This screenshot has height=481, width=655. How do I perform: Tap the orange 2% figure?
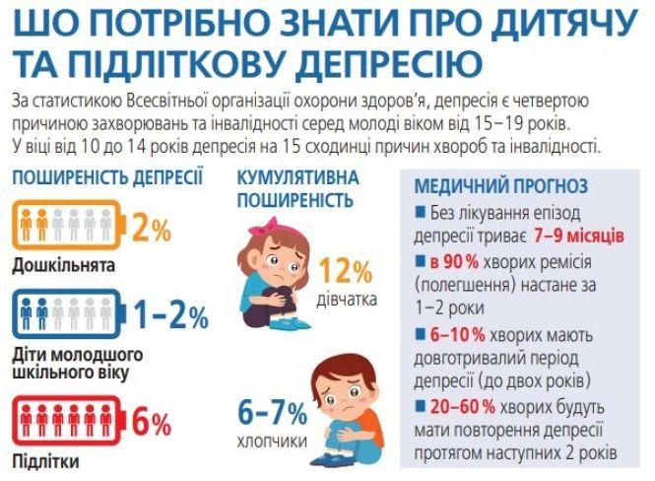pyautogui.click(x=151, y=230)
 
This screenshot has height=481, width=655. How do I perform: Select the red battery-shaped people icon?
pyautogui.click(x=68, y=422)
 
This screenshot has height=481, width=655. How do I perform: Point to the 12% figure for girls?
pyautogui.click(x=346, y=272)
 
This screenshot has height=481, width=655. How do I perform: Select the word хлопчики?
pyautogui.click(x=271, y=440)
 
